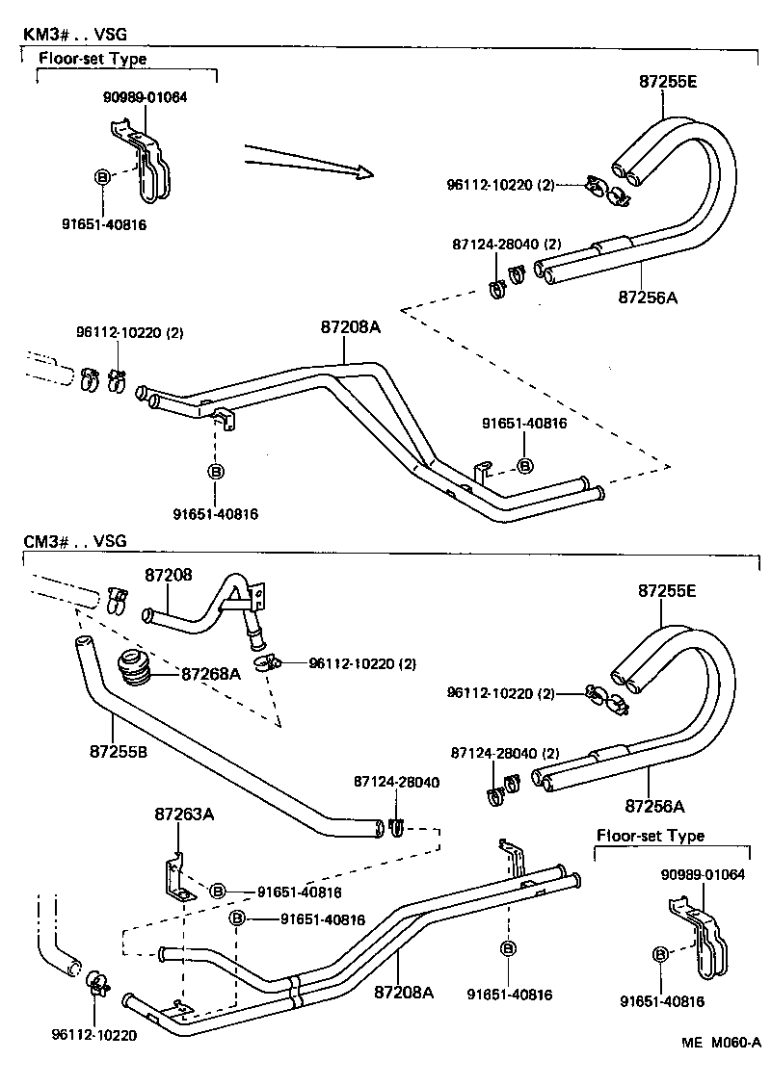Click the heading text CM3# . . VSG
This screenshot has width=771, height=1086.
coord(75,542)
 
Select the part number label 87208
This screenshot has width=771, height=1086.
coord(169,575)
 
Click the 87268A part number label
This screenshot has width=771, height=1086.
coord(210,674)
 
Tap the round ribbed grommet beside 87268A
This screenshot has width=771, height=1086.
coord(134,668)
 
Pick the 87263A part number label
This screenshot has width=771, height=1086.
coord(183,814)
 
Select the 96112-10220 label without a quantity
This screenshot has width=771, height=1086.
coord(93,1036)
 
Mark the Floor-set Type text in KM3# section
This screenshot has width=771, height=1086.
coord(93,59)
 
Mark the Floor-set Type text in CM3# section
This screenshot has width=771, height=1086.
coord(651,836)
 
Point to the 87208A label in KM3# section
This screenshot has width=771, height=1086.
coord(351,327)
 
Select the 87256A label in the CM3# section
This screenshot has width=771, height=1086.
coord(654,805)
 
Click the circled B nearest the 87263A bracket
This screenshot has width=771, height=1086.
coord(218,892)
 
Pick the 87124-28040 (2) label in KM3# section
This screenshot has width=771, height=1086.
coord(506,245)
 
